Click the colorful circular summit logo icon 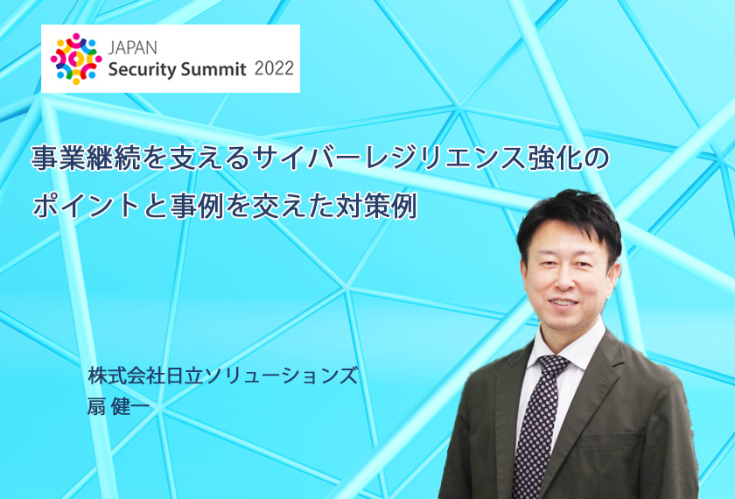pos(76,60)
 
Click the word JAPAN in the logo pos(133,47)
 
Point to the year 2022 pos(274,69)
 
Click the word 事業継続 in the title pos(87,158)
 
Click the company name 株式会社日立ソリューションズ pos(222,376)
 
